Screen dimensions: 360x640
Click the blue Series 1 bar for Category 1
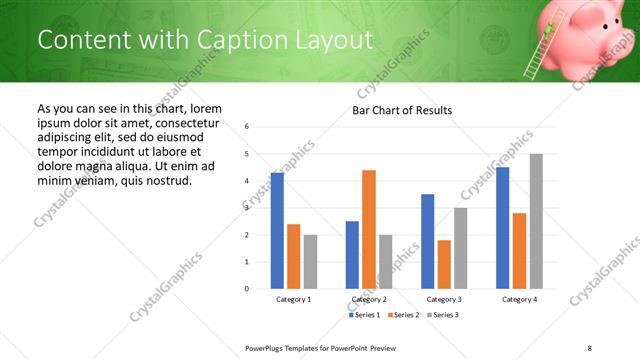(x=277, y=231)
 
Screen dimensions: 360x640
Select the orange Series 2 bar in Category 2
(x=369, y=229)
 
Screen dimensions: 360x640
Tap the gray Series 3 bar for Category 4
(x=536, y=221)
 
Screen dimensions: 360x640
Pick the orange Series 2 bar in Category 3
(x=444, y=264)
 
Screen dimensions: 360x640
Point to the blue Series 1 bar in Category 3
(x=427, y=241)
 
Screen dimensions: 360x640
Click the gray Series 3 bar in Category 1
(x=310, y=262)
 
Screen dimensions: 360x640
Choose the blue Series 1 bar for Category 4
(x=502, y=228)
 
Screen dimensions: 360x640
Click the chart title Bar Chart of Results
(x=402, y=110)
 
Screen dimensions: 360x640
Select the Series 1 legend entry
(x=364, y=315)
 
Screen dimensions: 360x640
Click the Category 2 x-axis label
(x=369, y=299)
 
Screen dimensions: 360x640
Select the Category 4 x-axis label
(x=519, y=299)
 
